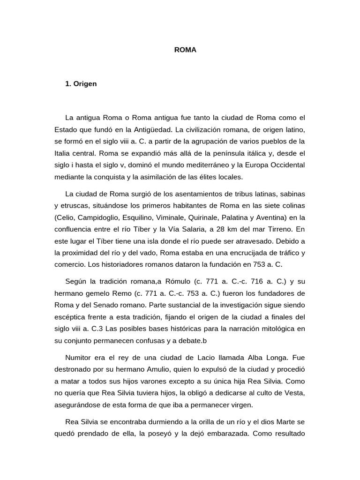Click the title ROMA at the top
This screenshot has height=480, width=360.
[x=185, y=49]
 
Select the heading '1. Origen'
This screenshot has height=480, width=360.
[x=81, y=84]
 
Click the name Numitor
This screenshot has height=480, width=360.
[x=80, y=357]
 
